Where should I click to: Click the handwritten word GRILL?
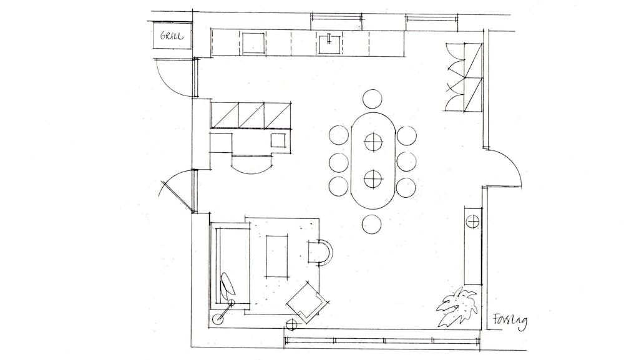point(172,36)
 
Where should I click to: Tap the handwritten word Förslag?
point(509,321)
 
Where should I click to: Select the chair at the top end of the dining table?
point(372,99)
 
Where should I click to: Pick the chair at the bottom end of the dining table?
point(371,225)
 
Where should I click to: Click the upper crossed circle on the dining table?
point(372,142)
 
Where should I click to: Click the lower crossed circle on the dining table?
point(372,179)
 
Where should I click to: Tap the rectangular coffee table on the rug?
point(277,256)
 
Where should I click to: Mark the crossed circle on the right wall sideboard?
point(473,222)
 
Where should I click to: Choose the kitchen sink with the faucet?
point(330,43)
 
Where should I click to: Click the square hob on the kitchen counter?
point(255,43)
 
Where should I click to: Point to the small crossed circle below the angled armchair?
point(292,324)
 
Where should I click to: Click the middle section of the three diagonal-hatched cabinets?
point(251,115)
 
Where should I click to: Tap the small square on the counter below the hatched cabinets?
point(279,140)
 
